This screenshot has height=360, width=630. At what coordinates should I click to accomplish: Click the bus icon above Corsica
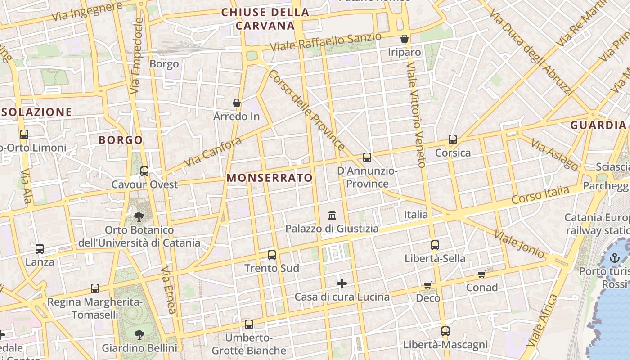tap(453, 139)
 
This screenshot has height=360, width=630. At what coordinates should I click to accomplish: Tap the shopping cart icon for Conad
tap(482, 274)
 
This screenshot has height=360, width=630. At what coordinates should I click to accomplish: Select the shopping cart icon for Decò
tap(427, 285)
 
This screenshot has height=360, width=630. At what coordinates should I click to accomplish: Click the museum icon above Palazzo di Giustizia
tap(332, 215)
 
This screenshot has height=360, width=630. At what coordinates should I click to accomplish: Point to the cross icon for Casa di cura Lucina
tap(342, 283)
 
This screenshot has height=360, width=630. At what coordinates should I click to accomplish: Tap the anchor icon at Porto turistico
tap(615, 258)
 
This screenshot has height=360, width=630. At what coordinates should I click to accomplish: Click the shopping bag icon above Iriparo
tap(405, 39)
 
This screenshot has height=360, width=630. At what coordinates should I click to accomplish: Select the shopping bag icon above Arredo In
tap(237, 103)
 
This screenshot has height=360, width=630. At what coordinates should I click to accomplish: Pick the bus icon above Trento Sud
tap(272, 255)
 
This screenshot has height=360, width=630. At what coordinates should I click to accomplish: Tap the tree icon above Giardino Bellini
tap(139, 334)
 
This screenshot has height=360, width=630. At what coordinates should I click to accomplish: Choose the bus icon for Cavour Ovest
tap(144, 171)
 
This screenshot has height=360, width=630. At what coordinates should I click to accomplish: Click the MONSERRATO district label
tap(269, 178)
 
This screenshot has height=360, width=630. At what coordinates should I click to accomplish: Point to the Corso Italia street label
tap(540, 195)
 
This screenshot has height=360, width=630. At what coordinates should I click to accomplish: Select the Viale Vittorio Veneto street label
tap(417, 115)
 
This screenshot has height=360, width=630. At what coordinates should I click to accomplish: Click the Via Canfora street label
tap(213, 151)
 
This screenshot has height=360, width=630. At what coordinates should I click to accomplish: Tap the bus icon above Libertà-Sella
tap(435, 245)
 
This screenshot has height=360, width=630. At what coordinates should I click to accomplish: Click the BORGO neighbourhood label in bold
tap(121, 140)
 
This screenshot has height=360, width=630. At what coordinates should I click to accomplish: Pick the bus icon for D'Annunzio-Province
tap(367, 157)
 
